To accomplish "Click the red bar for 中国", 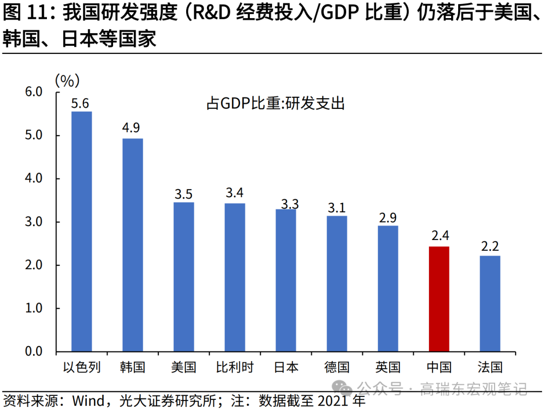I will [439, 299].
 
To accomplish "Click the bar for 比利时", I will [235, 277].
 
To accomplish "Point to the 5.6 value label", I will [80, 104].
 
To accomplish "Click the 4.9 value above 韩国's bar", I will [131, 128].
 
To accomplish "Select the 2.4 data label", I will [439, 236].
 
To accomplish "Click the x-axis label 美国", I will [184, 367].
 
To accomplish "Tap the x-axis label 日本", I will [286, 367].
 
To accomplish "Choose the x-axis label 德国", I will [337, 367].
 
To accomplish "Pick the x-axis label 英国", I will [388, 367].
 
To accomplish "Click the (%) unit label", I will [67, 79].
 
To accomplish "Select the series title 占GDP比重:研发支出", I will [275, 103].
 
